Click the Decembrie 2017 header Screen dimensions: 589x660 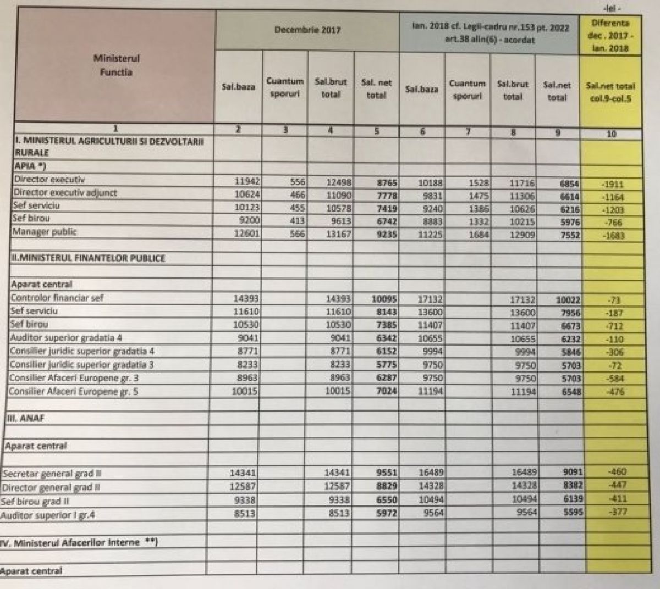tap(307, 30)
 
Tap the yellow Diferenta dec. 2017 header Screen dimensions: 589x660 tap(610, 36)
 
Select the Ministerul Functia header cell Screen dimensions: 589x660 tap(116, 65)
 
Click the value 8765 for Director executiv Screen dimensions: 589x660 tap(386, 183)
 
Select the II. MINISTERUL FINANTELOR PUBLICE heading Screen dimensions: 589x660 tap(88, 258)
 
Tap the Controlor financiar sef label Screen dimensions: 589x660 tap(57, 298)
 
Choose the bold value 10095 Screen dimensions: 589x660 tap(383, 299)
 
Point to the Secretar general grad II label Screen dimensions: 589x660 tap(52, 474)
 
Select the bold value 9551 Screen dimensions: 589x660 tap(386, 473)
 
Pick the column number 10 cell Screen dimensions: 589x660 tap(611, 134)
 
